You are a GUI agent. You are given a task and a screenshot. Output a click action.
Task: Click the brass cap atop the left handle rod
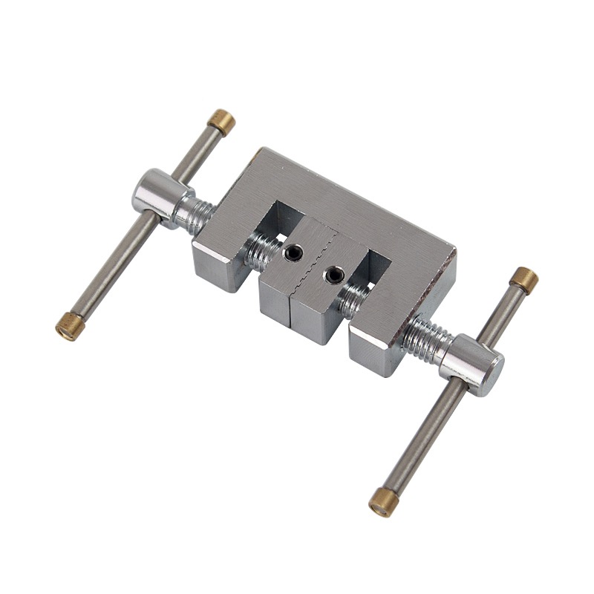click(x=221, y=120)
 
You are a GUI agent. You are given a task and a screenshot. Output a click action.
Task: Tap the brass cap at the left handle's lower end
click(x=70, y=326)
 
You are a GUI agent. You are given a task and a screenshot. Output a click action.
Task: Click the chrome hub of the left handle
click(x=154, y=197)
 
